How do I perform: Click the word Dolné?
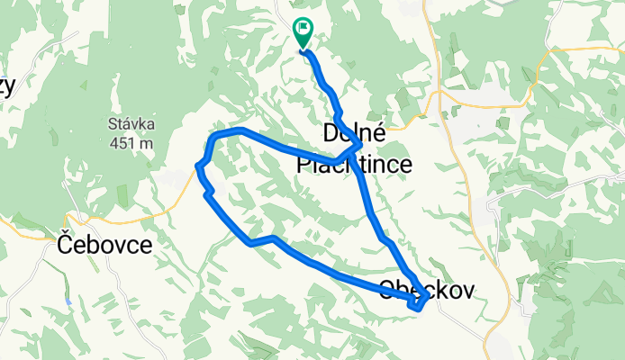coord(355,134)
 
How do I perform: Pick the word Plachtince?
coord(355,165)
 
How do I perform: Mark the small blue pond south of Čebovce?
coord(68,301)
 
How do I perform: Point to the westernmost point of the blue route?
coord(197,165)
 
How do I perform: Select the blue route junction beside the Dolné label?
coord(358,145)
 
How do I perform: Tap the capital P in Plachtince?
coord(305,165)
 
